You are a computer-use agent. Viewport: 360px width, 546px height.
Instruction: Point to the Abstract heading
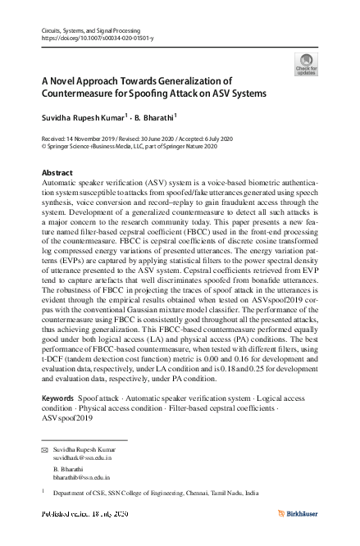click(x=57, y=174)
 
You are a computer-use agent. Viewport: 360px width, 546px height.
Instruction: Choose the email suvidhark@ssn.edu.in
click(x=83, y=459)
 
